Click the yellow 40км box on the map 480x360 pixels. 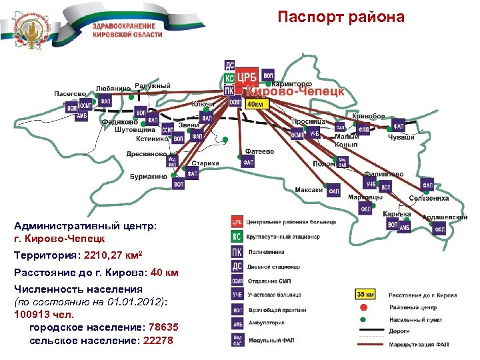(255, 105)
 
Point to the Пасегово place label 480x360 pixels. (70, 94)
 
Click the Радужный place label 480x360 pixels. (153, 85)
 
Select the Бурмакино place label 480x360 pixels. (149, 177)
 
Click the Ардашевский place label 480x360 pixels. (445, 217)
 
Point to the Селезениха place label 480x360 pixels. (429, 198)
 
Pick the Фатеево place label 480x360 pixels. (260, 151)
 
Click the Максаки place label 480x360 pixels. (309, 190)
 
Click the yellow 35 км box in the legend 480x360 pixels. (365, 293)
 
